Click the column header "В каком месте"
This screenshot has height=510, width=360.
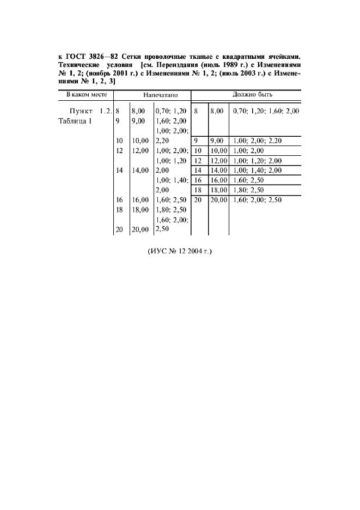(85, 95)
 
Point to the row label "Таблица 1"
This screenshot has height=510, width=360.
(76, 121)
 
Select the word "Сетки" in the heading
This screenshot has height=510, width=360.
(133, 56)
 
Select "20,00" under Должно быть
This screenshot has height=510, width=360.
(218, 200)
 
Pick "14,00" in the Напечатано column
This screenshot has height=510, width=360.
(140, 170)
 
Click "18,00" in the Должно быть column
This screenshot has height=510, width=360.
(218, 190)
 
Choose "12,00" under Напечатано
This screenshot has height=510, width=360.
(140, 150)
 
